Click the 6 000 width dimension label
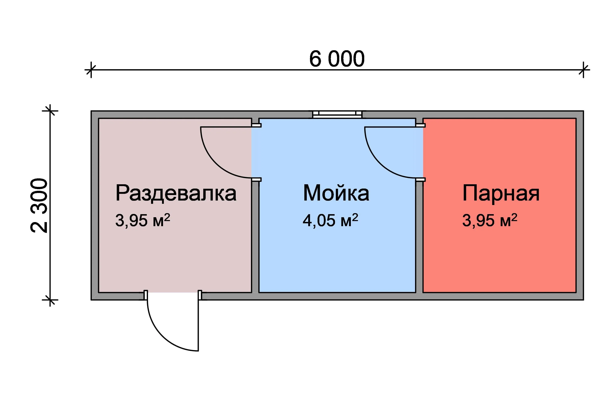(x=337, y=59)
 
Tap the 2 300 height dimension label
(x=39, y=205)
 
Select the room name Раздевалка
(x=176, y=193)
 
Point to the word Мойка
(x=336, y=193)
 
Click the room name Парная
(x=501, y=193)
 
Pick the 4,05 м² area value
(x=330, y=220)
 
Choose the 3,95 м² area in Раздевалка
(x=143, y=220)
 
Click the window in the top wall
(x=337, y=114)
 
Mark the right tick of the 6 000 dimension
(x=583, y=70)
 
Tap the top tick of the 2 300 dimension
(x=50, y=111)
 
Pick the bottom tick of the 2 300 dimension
(x=50, y=300)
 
